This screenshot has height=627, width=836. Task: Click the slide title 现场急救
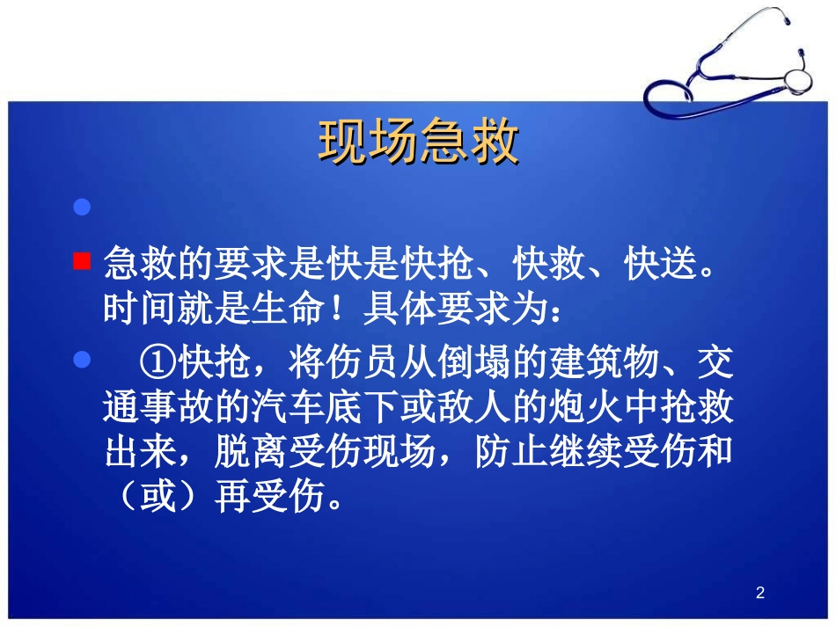coord(418,142)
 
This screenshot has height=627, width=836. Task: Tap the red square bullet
coord(82,261)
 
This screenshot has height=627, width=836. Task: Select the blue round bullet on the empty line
coord(82,208)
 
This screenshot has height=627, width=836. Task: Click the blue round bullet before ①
coord(82,361)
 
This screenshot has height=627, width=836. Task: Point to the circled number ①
coord(158,361)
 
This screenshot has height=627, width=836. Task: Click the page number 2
coord(760,594)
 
